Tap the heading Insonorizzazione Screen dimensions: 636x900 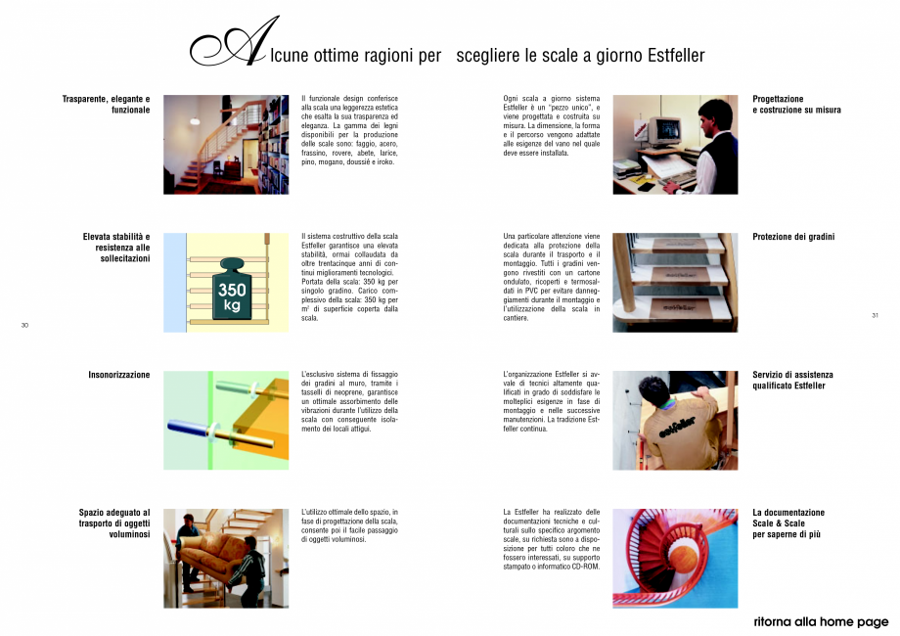[119, 375]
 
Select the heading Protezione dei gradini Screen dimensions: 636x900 [793, 237]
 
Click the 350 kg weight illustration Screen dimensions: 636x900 [232, 287]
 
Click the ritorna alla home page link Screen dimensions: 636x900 [822, 621]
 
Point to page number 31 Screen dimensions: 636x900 [875, 315]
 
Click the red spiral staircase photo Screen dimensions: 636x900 [675, 558]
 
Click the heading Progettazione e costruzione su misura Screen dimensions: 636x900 [796, 105]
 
